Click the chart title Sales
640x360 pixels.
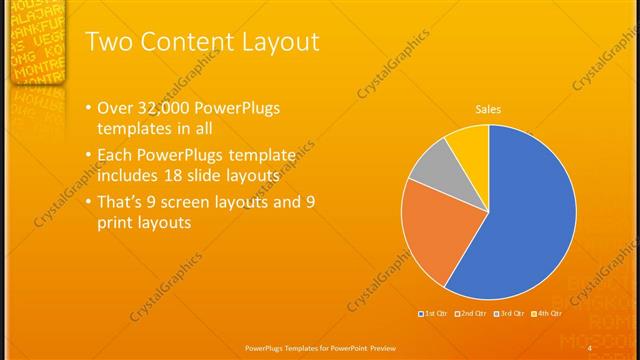(488, 109)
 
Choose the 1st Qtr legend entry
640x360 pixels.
(432, 314)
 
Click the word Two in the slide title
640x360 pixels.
(105, 42)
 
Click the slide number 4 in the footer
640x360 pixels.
(590, 347)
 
